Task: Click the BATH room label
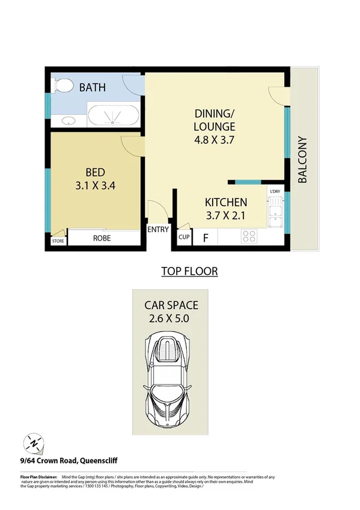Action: tap(93, 88)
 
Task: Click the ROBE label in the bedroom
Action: tap(102, 238)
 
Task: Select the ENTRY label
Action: tap(158, 229)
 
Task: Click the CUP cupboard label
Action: tap(183, 238)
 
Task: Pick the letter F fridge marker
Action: tap(205, 238)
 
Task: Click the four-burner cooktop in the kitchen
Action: tap(249, 238)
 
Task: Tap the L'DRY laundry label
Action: tap(275, 192)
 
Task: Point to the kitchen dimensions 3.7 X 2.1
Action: tap(226, 215)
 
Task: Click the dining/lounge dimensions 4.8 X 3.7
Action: tap(214, 140)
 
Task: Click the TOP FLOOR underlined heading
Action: tap(189, 271)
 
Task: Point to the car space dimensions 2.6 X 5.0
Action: tap(170, 319)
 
